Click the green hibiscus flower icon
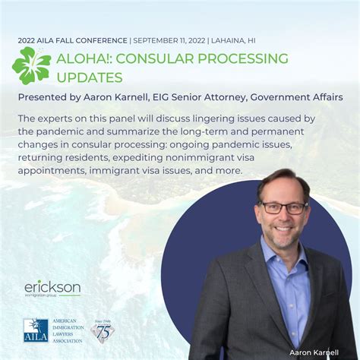point(32,65)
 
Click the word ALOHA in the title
point(84,58)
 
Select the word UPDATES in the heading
point(90,77)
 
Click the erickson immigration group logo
point(52,289)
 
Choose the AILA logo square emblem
point(36,330)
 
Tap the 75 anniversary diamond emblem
point(103,330)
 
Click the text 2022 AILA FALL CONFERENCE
point(73,39)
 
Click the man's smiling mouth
point(282,230)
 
